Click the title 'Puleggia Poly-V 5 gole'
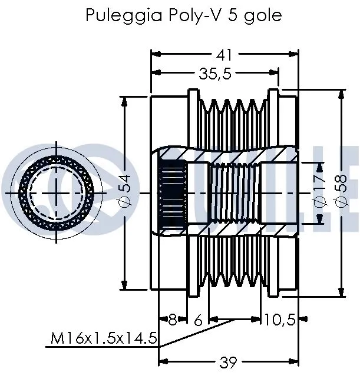click(x=183, y=15)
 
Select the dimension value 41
click(x=223, y=55)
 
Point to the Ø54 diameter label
click(x=125, y=192)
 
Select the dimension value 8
click(x=173, y=320)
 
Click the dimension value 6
click(x=198, y=320)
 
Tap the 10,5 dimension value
click(x=279, y=320)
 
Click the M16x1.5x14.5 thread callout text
click(x=104, y=338)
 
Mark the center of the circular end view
click(x=57, y=192)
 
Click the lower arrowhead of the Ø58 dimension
click(x=341, y=294)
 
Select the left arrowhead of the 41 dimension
click(x=155, y=55)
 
